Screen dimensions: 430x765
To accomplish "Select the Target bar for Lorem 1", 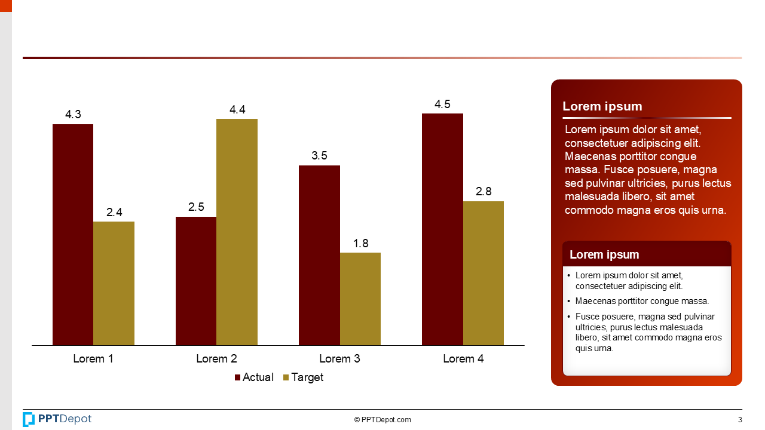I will pyautogui.click(x=114, y=283).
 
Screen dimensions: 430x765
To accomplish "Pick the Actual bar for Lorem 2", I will pyautogui.click(x=196, y=281).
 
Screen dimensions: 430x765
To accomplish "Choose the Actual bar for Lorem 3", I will pyautogui.click(x=319, y=255).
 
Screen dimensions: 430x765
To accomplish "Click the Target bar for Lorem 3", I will pyautogui.click(x=360, y=299).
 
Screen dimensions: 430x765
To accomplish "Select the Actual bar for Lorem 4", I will pyautogui.click(x=442, y=229).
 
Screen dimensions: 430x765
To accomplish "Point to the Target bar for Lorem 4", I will pyautogui.click(x=484, y=273).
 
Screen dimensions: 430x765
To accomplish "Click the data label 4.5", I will pyautogui.click(x=442, y=105).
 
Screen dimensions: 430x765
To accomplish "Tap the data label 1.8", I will pyautogui.click(x=360, y=244).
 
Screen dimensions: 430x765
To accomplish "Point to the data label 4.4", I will pyautogui.click(x=237, y=110).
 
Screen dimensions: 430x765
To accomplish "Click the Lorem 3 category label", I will pyautogui.click(x=339, y=359).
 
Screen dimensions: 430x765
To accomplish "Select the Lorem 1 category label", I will pyautogui.click(x=93, y=359).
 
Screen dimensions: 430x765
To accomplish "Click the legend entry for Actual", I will pyautogui.click(x=254, y=377).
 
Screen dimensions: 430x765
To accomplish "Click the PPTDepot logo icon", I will pyautogui.click(x=29, y=419).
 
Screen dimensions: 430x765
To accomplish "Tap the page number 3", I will pyautogui.click(x=740, y=420).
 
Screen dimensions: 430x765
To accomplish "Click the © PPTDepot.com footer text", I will pyautogui.click(x=382, y=420).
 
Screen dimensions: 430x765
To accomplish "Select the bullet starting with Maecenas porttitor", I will pyautogui.click(x=642, y=302).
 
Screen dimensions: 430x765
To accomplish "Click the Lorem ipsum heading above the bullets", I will pyautogui.click(x=604, y=255).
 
